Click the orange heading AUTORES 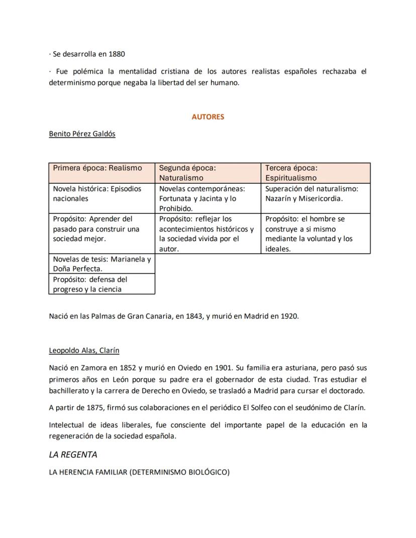pos(207,117)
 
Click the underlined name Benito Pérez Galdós pos(82,134)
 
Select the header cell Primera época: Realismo pos(101,173)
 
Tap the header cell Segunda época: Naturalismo pos(207,173)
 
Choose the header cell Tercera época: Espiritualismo pos(315,173)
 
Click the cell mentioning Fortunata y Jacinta pos(207,198)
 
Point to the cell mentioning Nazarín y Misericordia pos(315,194)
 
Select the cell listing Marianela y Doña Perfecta pos(101,264)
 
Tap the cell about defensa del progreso pos(101,284)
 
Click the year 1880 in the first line pos(117,54)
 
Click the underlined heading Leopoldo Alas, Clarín pos(84,350)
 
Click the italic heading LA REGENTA pos(73,455)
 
